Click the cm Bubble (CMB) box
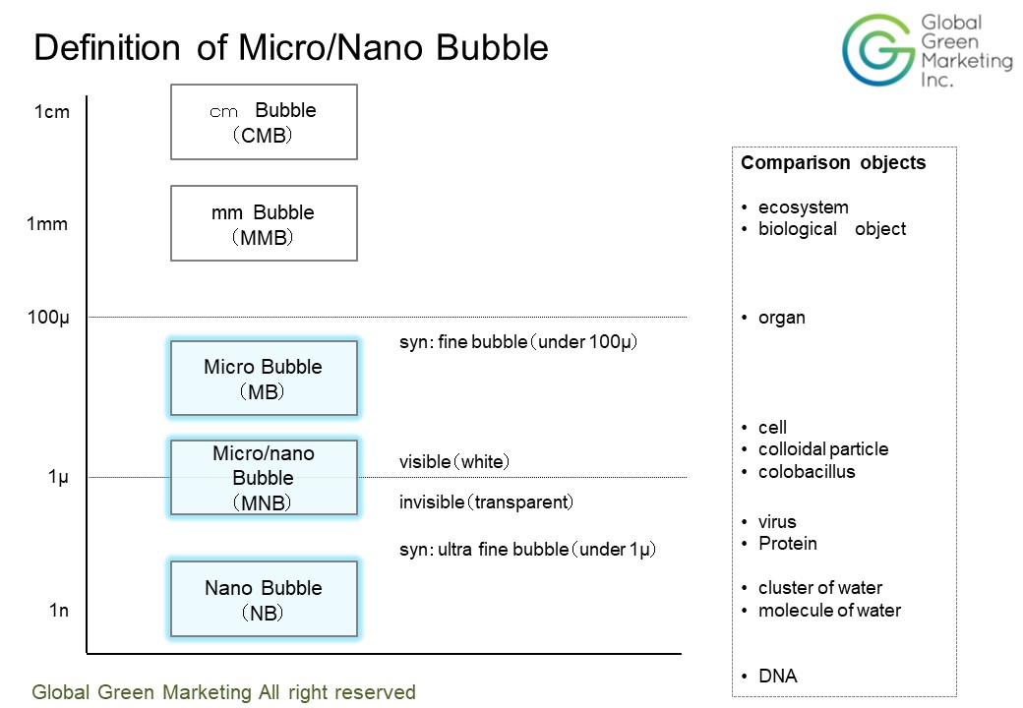tap(264, 122)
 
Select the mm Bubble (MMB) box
tap(264, 223)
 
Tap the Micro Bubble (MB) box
tap(264, 379)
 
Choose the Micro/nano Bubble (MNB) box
tap(264, 478)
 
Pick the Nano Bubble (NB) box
tap(264, 599)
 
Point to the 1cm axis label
tap(52, 112)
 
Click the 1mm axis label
tap(47, 224)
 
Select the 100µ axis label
tap(47, 318)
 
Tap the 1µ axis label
tap(58, 477)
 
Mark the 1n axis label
tap(59, 611)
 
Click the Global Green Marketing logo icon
tap(876, 49)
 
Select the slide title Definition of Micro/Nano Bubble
tap(291, 48)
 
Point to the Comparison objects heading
tap(833, 163)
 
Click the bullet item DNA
tap(777, 677)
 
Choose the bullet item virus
tap(777, 522)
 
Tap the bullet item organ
tap(781, 318)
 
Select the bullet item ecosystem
tap(803, 207)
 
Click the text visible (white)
tap(454, 462)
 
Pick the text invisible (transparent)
tap(486, 502)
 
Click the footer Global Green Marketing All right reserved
tap(224, 692)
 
